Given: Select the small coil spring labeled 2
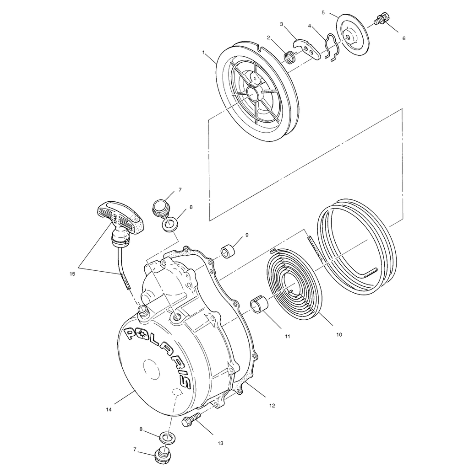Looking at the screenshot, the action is [x=290, y=57].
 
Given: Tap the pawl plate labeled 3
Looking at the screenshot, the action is [x=307, y=48].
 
